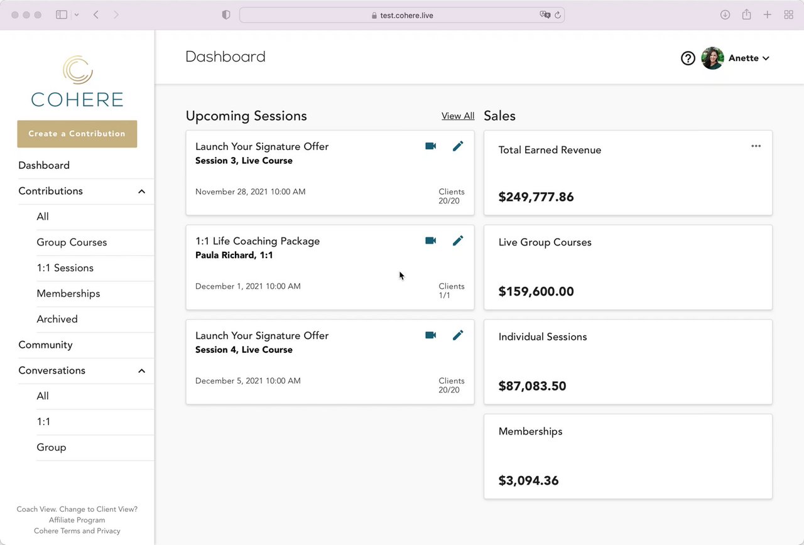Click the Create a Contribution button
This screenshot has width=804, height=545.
[77, 134]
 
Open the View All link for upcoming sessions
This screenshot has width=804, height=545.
[458, 116]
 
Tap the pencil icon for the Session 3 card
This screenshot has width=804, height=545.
[458, 146]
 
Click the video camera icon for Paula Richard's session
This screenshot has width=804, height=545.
[430, 240]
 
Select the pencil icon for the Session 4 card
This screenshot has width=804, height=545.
[458, 335]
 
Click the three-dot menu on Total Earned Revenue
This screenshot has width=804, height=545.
[756, 146]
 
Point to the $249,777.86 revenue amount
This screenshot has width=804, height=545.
[536, 197]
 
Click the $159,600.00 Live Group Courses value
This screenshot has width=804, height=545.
[536, 291]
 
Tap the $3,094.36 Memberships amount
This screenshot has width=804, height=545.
[528, 481]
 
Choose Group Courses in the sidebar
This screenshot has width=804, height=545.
[72, 242]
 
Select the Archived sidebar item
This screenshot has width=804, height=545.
[57, 319]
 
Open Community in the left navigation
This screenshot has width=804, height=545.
[45, 345]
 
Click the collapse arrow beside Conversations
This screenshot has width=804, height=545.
[141, 371]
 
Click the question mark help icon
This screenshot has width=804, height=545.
[688, 58]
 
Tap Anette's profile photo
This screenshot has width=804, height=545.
[712, 58]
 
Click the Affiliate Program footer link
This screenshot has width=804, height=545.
[77, 520]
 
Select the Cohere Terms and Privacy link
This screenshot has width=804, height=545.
[77, 531]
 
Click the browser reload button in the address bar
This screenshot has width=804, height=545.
[557, 15]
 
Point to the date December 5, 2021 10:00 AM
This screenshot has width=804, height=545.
[247, 381]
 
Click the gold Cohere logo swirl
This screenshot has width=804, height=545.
[78, 70]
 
